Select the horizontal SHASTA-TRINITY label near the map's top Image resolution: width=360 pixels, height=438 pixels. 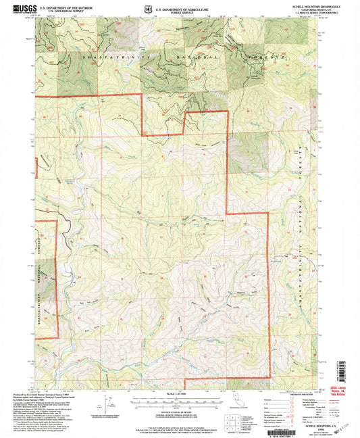pyautogui.click(x=108, y=60)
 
